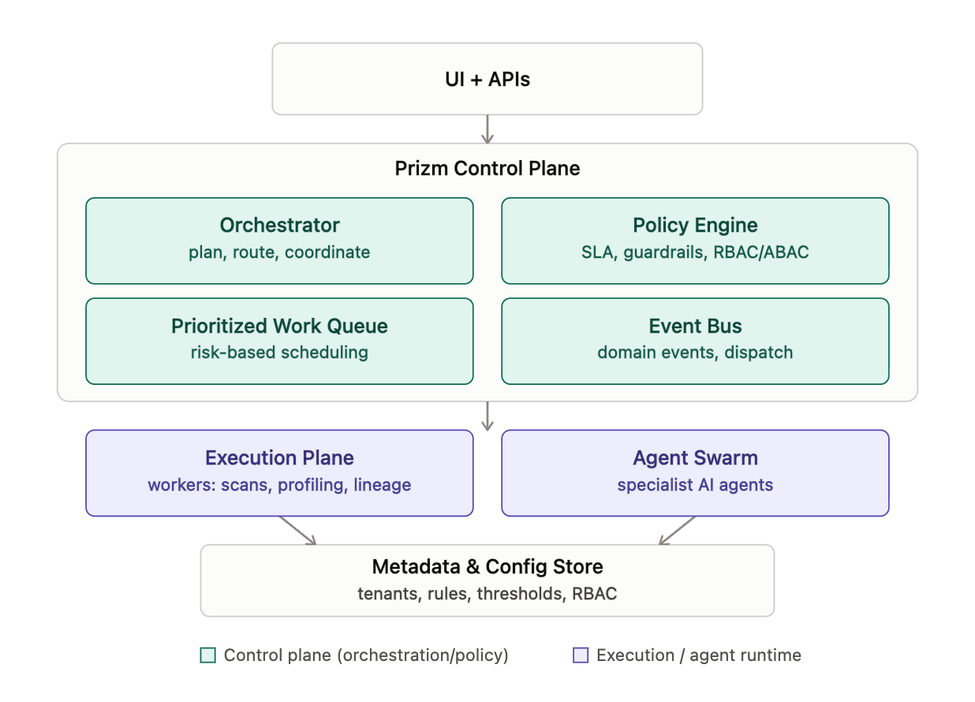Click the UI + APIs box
(x=487, y=79)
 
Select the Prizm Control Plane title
(x=487, y=169)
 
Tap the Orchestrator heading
(x=279, y=225)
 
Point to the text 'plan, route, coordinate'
(x=279, y=252)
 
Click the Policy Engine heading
(x=695, y=226)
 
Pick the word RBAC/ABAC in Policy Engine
(x=761, y=252)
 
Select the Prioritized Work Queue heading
(x=279, y=326)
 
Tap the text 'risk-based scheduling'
(x=279, y=352)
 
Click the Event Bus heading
(x=695, y=326)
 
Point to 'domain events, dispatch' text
(x=695, y=352)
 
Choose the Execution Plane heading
(x=279, y=457)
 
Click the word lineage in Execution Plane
(x=382, y=485)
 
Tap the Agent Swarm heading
(x=695, y=458)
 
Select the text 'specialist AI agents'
(x=695, y=485)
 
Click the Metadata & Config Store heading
(x=487, y=566)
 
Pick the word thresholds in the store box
(x=521, y=594)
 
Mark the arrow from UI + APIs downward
(x=487, y=129)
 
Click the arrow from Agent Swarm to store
(x=678, y=531)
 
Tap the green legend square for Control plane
(x=207, y=655)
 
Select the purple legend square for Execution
(x=581, y=655)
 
